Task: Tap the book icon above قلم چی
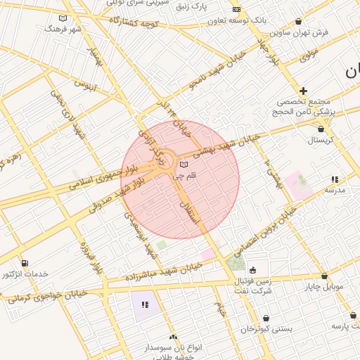point(184,164)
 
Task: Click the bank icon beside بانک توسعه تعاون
point(236,9)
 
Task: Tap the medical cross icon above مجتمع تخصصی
point(303,91)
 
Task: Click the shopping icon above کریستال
point(321,129)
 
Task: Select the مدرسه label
point(335,190)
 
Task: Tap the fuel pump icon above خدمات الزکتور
point(25,263)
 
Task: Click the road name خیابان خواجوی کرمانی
point(46,297)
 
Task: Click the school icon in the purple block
point(145,304)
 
